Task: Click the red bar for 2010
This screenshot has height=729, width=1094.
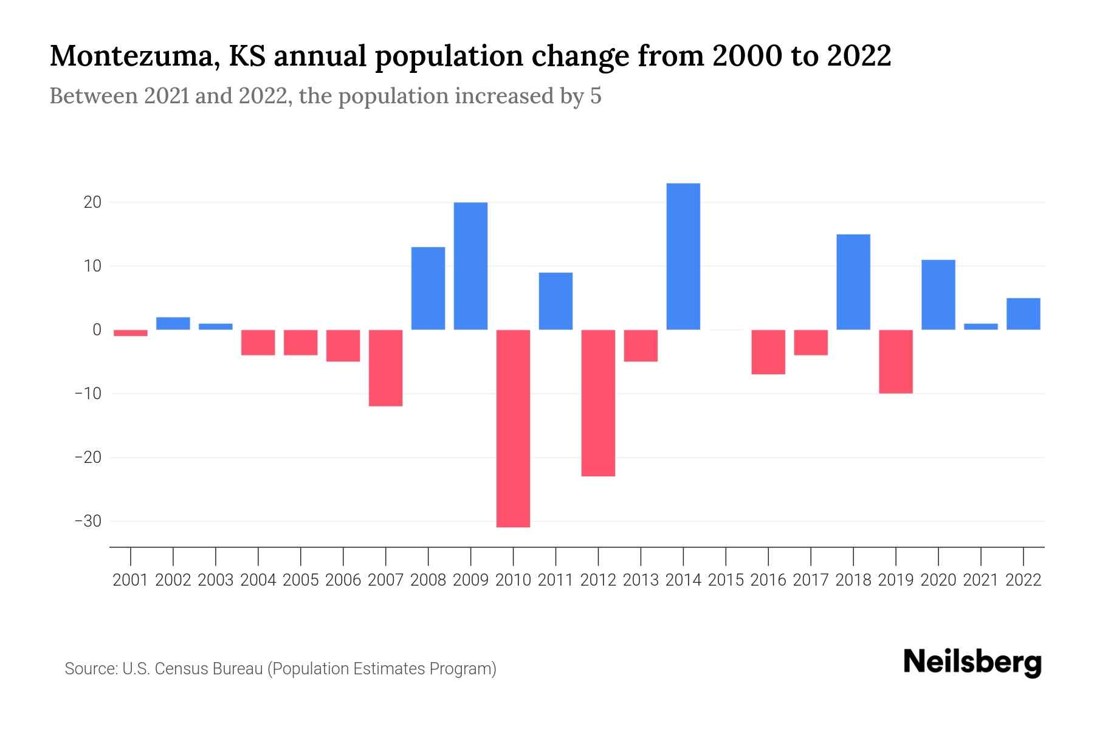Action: pos(513,428)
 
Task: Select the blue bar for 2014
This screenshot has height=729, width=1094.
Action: pos(683,256)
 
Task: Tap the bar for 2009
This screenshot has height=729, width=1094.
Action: pos(470,266)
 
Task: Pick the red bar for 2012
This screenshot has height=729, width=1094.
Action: pos(598,403)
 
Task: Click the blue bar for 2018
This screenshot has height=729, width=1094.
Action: pos(853,282)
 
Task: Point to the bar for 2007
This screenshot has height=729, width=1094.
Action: pos(385,368)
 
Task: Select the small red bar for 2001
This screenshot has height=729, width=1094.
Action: pos(131,333)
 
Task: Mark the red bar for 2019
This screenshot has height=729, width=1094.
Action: pos(896,361)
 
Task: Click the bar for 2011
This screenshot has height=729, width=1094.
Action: pos(556,301)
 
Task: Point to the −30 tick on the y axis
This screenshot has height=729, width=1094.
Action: pos(88,521)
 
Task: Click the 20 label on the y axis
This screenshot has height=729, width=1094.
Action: pos(92,202)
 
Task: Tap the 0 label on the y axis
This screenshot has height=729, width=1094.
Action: pos(97,330)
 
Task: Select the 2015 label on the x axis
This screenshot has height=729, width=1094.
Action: pos(726,580)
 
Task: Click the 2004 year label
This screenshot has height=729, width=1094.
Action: pos(258,580)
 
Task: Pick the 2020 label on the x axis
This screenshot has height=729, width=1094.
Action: pos(938,580)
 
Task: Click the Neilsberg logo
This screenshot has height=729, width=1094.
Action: pos(972,662)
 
